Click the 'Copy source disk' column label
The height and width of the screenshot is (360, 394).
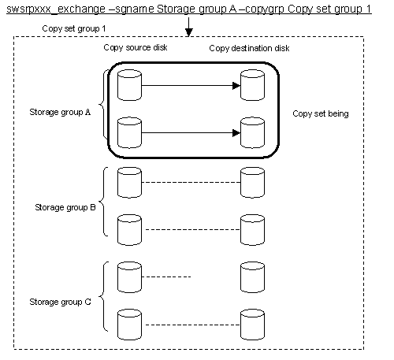point(136,47)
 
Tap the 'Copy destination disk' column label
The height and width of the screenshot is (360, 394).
point(249,48)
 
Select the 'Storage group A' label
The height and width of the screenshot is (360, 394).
point(60,112)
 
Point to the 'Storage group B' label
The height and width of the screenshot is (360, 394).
point(65,207)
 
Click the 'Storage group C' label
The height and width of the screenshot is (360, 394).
point(60,302)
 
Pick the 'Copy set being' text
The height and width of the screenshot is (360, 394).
point(321,113)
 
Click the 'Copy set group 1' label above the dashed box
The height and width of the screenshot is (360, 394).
point(74,28)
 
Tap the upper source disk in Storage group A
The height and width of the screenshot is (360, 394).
point(129,85)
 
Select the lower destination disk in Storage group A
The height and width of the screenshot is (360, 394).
point(252,133)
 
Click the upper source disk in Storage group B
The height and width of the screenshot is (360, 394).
point(129,183)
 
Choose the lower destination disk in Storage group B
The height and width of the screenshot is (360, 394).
point(252,230)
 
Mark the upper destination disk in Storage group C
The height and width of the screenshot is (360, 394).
point(252,277)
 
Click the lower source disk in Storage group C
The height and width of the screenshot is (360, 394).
point(129,325)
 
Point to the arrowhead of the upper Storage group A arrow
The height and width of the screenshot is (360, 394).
point(236,86)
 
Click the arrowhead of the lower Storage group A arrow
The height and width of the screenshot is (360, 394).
point(236,133)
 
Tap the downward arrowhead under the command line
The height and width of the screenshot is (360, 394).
point(189,32)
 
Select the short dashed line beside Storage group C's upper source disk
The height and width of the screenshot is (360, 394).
point(166,276)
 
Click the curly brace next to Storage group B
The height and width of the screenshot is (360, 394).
point(103,202)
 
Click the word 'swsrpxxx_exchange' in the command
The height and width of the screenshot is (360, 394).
point(56,9)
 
